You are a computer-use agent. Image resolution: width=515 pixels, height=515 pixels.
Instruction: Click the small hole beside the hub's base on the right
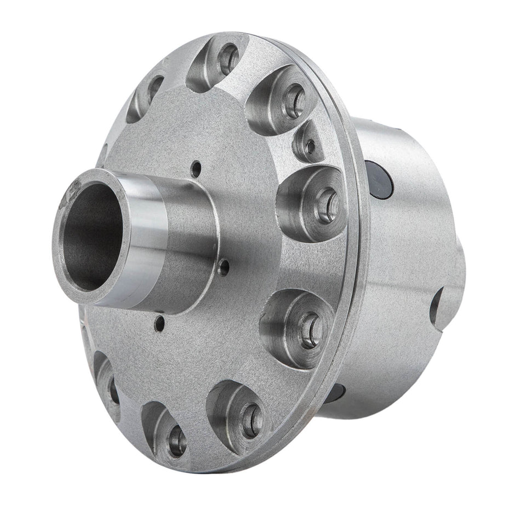(x=224, y=267)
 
